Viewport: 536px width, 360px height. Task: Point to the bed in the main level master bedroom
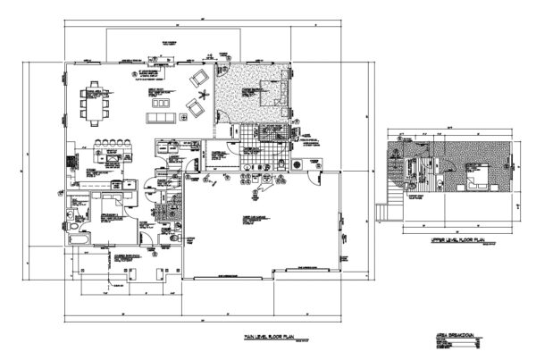coord(268,90)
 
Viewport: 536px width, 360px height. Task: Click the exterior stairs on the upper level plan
coord(385,213)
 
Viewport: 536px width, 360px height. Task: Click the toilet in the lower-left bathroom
coord(71,228)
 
